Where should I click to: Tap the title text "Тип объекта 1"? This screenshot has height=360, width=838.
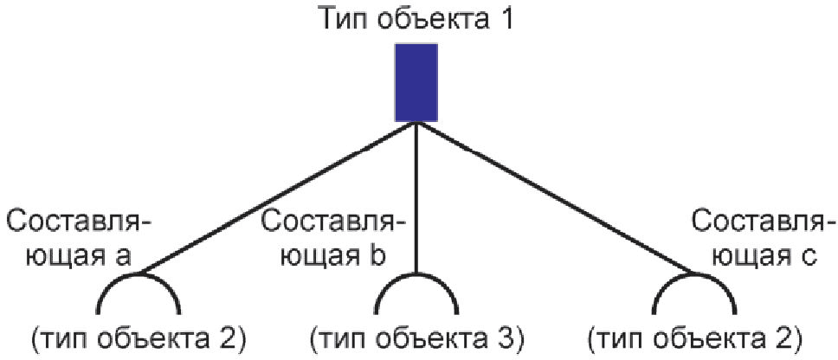(x=416, y=18)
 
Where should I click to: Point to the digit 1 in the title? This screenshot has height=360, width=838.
(x=506, y=18)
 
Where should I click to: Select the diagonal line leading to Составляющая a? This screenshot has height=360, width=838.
(x=277, y=199)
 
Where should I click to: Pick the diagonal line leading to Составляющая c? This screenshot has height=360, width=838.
(x=554, y=199)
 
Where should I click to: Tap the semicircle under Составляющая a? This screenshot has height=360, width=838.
(x=139, y=294)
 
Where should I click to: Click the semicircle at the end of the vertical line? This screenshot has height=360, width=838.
(x=416, y=294)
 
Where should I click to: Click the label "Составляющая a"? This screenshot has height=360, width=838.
(x=78, y=239)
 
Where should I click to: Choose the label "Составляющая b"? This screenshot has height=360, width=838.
(x=333, y=239)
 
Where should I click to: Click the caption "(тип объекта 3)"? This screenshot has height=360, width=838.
(x=416, y=337)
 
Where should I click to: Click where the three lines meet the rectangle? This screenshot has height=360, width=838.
(x=416, y=123)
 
